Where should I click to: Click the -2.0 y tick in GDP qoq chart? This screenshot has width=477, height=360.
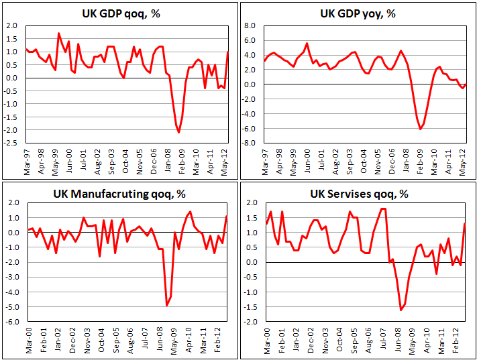click(12, 130)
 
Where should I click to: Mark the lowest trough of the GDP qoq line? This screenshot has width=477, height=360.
click(179, 132)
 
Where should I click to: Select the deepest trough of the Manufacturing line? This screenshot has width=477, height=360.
click(166, 306)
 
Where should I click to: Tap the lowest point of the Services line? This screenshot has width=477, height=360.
click(401, 310)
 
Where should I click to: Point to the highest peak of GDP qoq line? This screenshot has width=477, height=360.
click(58, 33)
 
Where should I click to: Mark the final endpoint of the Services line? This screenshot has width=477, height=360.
click(465, 224)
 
